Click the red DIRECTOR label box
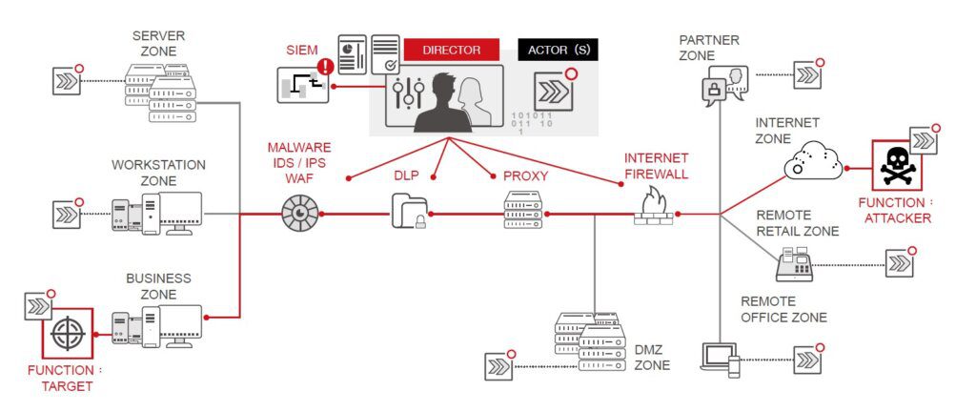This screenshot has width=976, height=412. coord(451,50)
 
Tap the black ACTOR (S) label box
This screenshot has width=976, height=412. coord(558,50)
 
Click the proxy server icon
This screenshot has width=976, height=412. coord(520,207)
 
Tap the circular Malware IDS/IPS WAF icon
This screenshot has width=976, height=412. coord(300,212)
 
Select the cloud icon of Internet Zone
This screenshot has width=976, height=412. coord(813,159)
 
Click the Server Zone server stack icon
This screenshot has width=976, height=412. coord(162,91)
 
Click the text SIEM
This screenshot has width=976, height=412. coord(302,50)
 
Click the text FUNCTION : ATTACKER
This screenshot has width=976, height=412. coord(894,211)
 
